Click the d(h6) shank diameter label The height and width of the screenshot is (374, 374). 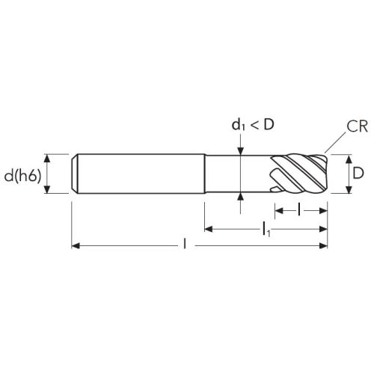[22, 177]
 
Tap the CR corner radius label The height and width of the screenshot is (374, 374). [357, 126]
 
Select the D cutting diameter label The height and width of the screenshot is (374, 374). [358, 173]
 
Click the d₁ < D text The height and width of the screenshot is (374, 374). [253, 124]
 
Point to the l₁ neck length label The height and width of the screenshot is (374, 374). [266, 230]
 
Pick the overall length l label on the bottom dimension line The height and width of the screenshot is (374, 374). [185, 244]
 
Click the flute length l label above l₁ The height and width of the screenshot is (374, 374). [299, 209]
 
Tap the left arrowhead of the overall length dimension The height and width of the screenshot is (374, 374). [76, 246]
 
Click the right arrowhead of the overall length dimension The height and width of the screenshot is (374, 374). [323, 246]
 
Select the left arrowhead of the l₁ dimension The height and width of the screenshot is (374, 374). [209, 229]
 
